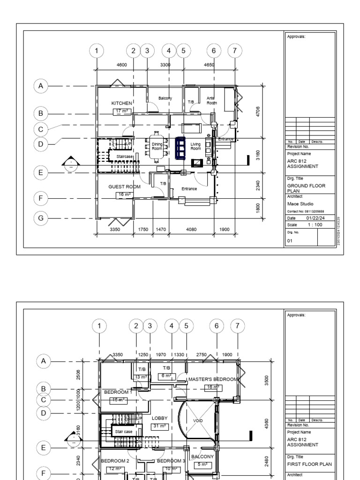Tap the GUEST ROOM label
(124, 187)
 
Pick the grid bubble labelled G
(41, 218)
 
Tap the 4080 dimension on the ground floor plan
(191, 230)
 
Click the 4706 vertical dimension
(258, 112)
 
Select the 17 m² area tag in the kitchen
(122, 111)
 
